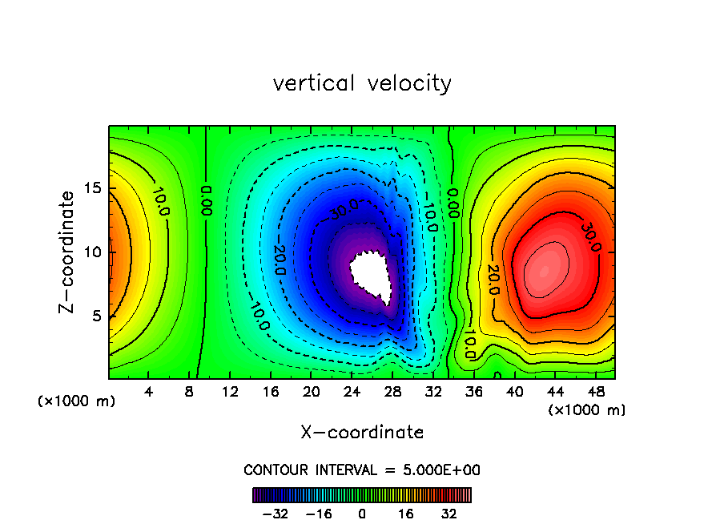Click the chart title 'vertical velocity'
tap(362, 83)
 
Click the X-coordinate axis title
tap(362, 433)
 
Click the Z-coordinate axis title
tap(69, 252)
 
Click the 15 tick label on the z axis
tap(93, 188)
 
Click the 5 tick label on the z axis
tap(97, 316)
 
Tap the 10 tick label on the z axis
tap(93, 252)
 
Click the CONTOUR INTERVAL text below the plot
tap(362, 470)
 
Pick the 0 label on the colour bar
tap(362, 513)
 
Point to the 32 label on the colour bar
tap(448, 513)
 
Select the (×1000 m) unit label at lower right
tap(587, 410)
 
